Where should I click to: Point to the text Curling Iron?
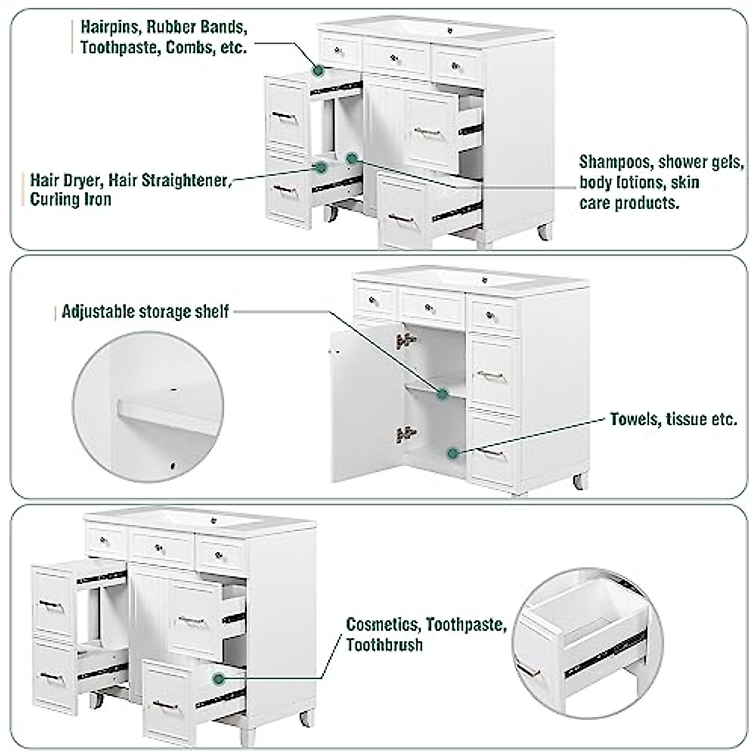(71, 200)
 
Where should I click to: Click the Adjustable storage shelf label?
(145, 312)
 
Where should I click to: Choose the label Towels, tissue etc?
(673, 419)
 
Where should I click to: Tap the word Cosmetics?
(382, 624)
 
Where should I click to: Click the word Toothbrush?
(384, 644)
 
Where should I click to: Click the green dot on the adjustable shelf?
(442, 394)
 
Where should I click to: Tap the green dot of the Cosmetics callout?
(219, 679)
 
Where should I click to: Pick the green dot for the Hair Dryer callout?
(321, 168)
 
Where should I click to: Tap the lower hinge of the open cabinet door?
(405, 433)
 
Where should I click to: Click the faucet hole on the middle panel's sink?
(484, 278)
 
